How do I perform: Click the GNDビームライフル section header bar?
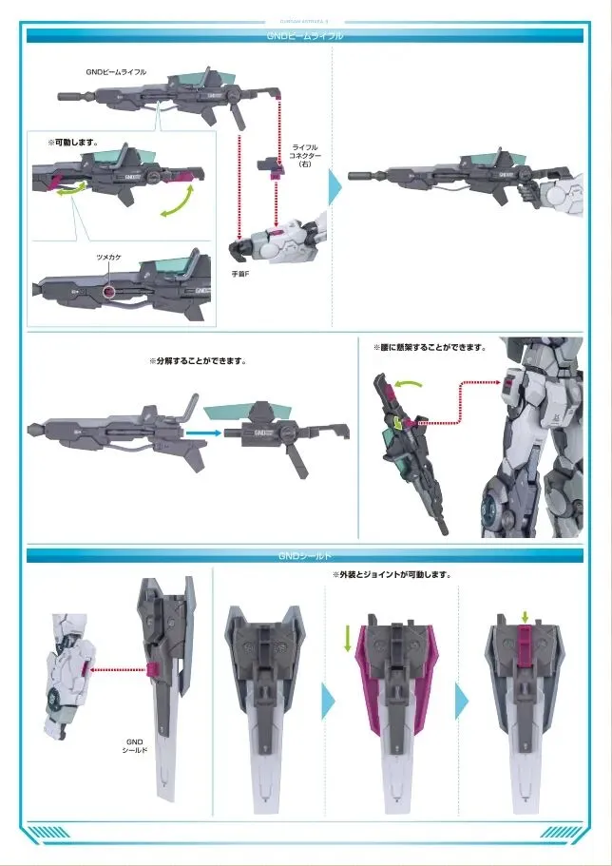coord(305,36)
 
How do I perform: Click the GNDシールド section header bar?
coord(305,555)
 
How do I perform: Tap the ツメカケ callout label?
coord(108,258)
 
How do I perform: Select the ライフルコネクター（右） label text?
coord(305,156)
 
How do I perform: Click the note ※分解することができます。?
coord(198,361)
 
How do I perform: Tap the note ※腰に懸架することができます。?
coord(429,348)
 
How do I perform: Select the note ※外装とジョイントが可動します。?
coord(391,575)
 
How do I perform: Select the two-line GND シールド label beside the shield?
coord(134,745)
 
